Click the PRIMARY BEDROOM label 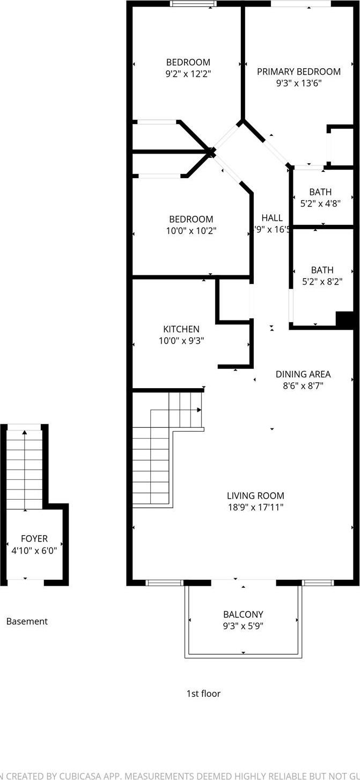click(x=298, y=71)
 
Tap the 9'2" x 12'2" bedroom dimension click(x=188, y=74)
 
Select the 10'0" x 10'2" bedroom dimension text click(x=191, y=231)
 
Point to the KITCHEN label click(x=181, y=329)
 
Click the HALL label click(x=272, y=217)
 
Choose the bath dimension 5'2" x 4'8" click(x=320, y=203)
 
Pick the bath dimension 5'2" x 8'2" click(x=322, y=281)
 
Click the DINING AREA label click(x=303, y=374)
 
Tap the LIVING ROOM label click(x=255, y=495)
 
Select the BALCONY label click(x=243, y=614)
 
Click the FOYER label click(x=34, y=538)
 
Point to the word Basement click(x=27, y=621)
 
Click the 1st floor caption click(x=203, y=693)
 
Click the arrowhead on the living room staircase click(x=199, y=410)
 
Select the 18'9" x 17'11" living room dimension click(x=255, y=507)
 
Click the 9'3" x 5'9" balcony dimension click(x=243, y=626)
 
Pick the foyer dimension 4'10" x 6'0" click(x=34, y=550)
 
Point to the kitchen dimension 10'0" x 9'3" click(x=181, y=340)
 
